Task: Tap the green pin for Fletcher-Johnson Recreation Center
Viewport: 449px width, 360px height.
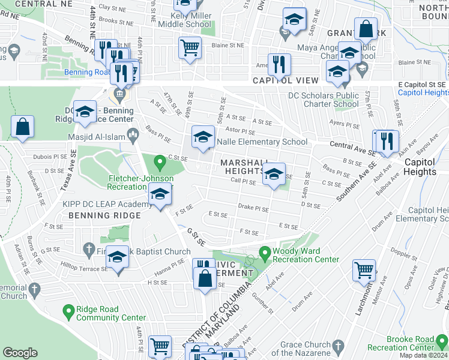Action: click(160, 162)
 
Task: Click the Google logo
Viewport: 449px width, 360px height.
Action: click(20, 353)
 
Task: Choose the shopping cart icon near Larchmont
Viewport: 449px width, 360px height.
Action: click(364, 271)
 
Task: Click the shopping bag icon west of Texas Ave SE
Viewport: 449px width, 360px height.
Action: click(22, 127)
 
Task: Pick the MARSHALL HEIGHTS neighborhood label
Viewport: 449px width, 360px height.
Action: click(244, 167)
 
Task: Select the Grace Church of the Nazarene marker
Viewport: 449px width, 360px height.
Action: click(338, 346)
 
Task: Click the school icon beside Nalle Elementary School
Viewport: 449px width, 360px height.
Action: click(203, 137)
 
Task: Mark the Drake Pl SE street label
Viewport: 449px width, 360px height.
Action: click(253, 209)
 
